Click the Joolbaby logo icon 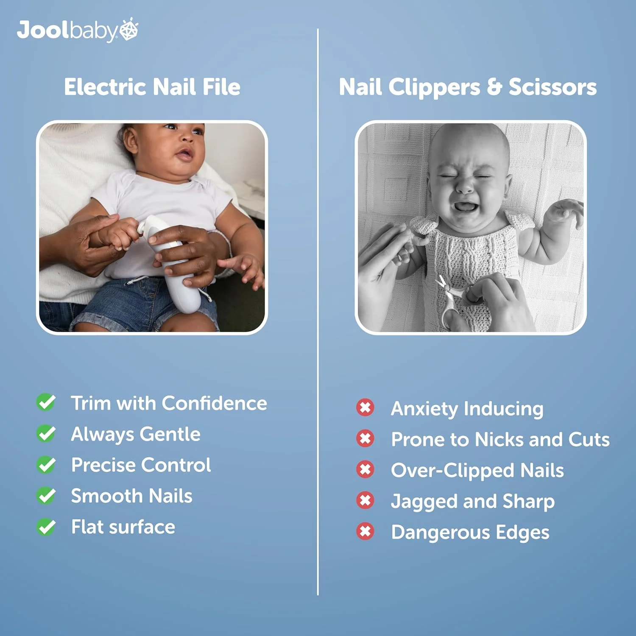tap(129, 29)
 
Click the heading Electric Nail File tap(152, 87)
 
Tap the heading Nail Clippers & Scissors tap(468, 87)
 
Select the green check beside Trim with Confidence tap(46, 402)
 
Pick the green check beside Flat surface tap(46, 527)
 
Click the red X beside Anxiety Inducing tap(365, 407)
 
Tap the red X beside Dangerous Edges tap(365, 531)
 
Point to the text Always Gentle tap(136, 434)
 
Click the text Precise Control tap(141, 465)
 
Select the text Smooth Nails tap(132, 496)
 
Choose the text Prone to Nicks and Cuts tap(500, 439)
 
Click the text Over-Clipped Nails tap(477, 471)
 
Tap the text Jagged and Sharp tap(473, 502)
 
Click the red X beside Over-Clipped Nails tap(365, 469)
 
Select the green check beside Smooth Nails tap(46, 496)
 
